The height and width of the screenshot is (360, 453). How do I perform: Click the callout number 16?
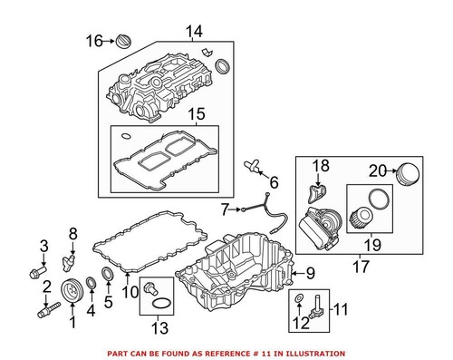(94, 40)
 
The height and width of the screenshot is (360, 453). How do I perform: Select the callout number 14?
(194, 33)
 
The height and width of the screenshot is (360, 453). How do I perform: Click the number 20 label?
(377, 168)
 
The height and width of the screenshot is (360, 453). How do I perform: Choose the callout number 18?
(322, 166)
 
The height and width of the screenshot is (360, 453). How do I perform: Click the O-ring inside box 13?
(159, 302)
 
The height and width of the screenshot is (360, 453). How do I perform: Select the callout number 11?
(340, 311)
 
